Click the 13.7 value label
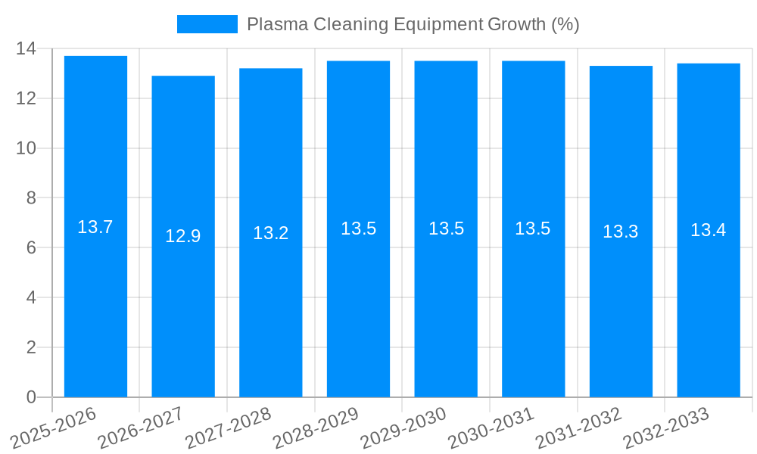click(95, 227)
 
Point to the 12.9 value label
click(183, 236)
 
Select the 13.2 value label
click(271, 233)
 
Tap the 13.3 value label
click(621, 232)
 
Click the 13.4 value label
click(709, 231)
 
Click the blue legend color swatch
click(207, 24)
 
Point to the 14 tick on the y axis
click(26, 49)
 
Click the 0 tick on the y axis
click(31, 397)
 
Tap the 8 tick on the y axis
click(31, 198)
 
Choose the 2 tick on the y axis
click(31, 347)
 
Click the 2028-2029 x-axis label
click(316, 428)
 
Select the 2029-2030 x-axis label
click(403, 428)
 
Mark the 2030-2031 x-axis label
click(491, 428)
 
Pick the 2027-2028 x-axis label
click(228, 428)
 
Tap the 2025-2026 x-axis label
click(54, 428)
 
